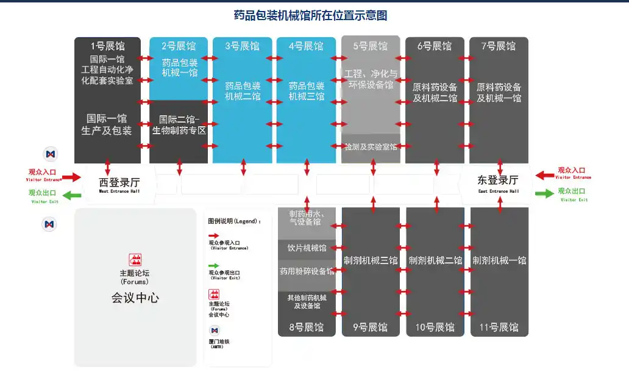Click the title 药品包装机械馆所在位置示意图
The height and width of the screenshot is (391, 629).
[311, 15]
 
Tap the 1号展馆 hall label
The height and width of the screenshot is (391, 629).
[107, 46]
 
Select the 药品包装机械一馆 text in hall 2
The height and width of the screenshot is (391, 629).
[179, 68]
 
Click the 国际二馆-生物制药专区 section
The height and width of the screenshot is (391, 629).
[179, 125]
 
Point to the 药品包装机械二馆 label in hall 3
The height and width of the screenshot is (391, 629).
[243, 91]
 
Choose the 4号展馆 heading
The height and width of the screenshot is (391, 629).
[307, 46]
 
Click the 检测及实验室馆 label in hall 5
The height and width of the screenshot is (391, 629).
[371, 147]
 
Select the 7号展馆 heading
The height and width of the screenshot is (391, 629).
[499, 46]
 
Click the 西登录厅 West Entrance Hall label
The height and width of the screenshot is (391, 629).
[119, 183]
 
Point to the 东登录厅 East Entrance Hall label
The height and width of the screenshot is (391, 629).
[498, 182]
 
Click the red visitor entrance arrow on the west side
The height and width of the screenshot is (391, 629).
[71, 177]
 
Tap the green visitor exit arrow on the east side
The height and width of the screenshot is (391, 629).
[544, 194]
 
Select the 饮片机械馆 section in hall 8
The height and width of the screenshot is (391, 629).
[307, 248]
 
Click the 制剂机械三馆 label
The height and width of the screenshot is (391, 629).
[371, 260]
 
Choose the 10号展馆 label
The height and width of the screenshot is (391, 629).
[435, 328]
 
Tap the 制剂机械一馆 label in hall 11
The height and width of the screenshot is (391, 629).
[499, 260]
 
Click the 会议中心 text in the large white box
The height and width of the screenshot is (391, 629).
[135, 298]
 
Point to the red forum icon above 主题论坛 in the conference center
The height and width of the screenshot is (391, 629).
[135, 260]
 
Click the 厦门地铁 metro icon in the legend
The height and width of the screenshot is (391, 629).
[214, 330]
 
